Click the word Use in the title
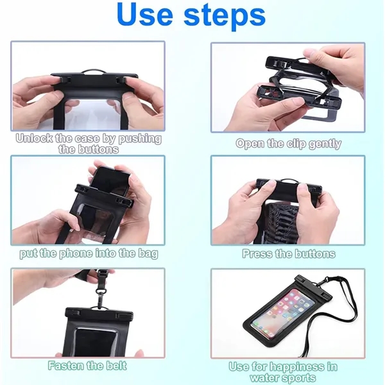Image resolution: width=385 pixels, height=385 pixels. click(x=145, y=15)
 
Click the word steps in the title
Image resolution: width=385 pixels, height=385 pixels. click(x=225, y=17)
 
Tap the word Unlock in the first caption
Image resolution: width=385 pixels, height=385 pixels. click(x=34, y=139)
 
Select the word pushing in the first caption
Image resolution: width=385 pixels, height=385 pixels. click(x=140, y=139)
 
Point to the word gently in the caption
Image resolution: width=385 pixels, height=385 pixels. click(x=325, y=144)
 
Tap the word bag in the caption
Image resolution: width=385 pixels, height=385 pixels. click(x=148, y=254)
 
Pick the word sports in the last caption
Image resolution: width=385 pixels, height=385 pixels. click(x=299, y=378)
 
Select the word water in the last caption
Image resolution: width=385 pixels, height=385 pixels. click(x=265, y=378)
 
